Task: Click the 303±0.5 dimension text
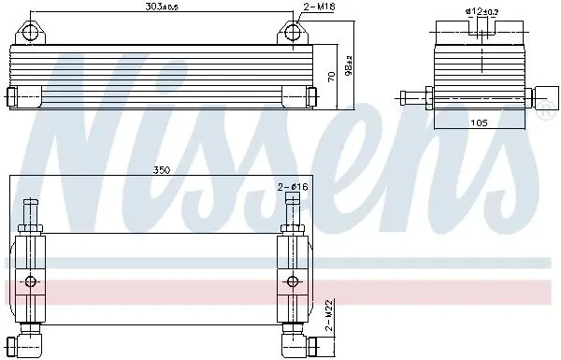[162, 7]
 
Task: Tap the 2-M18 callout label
[319, 7]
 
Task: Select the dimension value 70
[332, 77]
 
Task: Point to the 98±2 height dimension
[349, 65]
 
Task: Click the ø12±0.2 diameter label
[482, 11]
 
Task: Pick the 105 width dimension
[479, 122]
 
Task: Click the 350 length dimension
[162, 170]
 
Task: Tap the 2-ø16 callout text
[293, 186]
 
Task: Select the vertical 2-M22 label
[329, 315]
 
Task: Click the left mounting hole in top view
[29, 33]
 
